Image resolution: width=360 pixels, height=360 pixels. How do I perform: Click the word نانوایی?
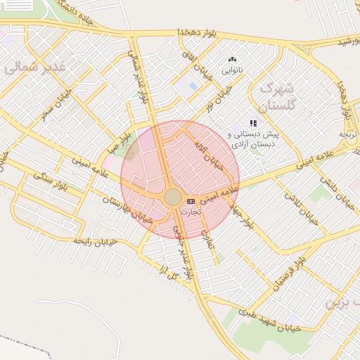[232, 71]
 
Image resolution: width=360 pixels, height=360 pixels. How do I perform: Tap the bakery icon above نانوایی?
[233, 60]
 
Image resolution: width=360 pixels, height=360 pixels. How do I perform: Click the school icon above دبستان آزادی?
[253, 123]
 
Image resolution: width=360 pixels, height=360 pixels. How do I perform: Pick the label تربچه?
[349, 134]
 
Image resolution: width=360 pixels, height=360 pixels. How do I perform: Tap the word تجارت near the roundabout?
[191, 211]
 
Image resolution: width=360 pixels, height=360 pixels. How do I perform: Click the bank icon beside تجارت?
[191, 202]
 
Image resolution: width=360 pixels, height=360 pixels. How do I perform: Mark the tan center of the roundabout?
[172, 197]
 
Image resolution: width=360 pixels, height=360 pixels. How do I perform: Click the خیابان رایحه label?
[96, 240]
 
